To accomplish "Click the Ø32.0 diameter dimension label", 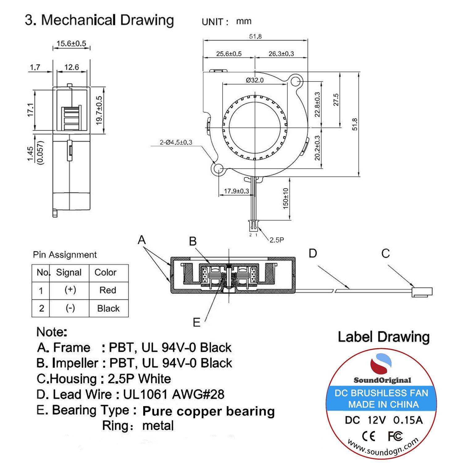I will [x=255, y=80].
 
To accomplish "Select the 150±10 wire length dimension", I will [x=286, y=198].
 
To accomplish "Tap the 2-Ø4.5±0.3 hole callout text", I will [x=176, y=142].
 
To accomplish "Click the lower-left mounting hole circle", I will [x=218, y=169].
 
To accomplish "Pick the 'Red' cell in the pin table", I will [x=108, y=290].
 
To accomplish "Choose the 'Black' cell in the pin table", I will [x=108, y=308].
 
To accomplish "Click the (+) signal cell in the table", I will [x=70, y=290].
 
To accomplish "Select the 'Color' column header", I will [x=105, y=272].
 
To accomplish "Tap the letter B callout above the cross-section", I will [x=193, y=241].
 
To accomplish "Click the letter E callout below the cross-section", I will [x=196, y=323].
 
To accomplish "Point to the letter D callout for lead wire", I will [x=313, y=253].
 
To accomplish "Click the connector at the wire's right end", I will [x=422, y=291].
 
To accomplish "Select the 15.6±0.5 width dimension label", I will [x=71, y=44].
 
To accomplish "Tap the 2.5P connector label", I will [x=277, y=240].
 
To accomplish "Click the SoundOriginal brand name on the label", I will [x=382, y=380].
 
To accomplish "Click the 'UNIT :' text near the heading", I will [x=215, y=22].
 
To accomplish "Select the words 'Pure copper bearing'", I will [x=208, y=411].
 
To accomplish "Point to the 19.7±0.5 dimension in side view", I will [x=99, y=110].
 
